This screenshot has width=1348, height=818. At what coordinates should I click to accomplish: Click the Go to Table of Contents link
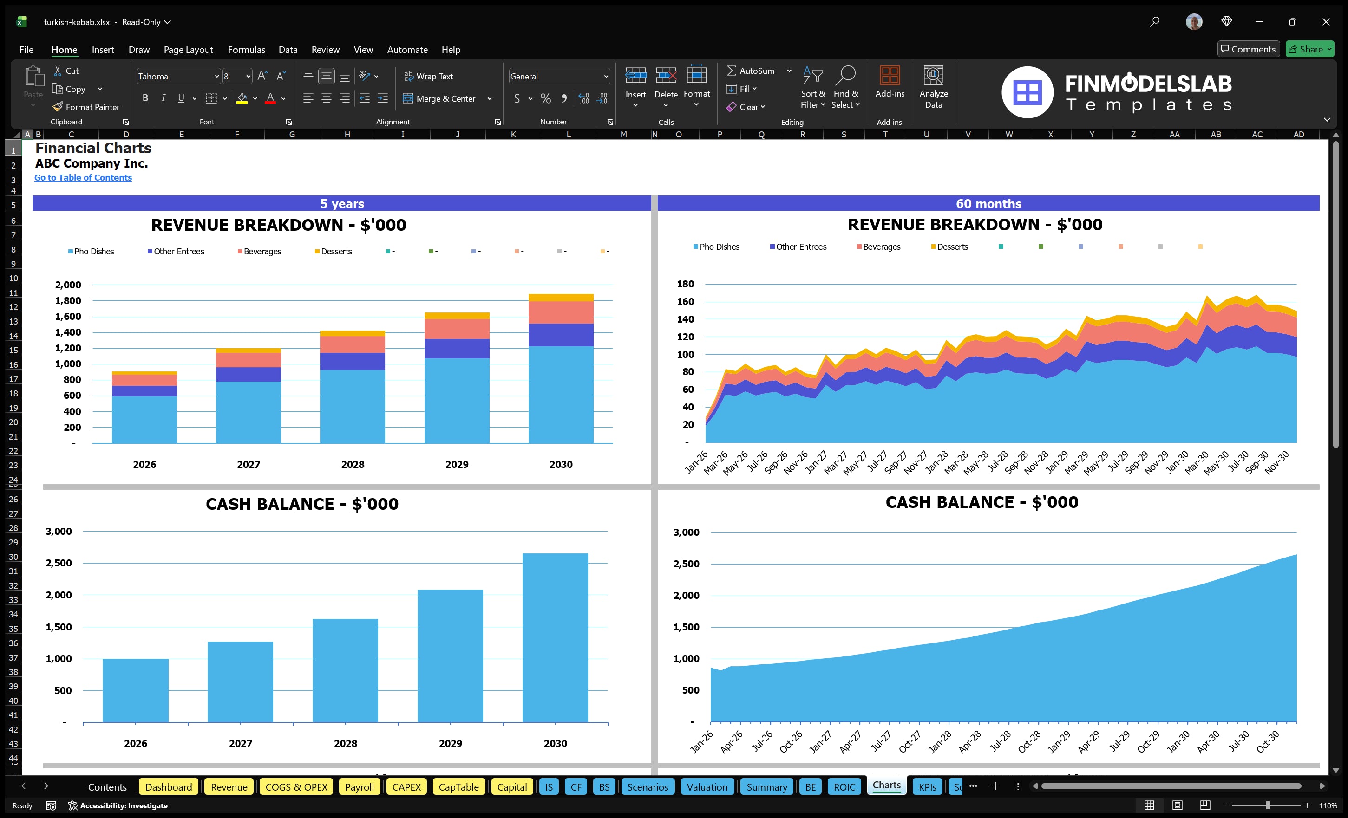(83, 178)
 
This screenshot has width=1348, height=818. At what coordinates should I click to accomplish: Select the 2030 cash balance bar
(555, 637)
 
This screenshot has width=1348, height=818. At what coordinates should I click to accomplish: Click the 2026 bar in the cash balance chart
(135, 690)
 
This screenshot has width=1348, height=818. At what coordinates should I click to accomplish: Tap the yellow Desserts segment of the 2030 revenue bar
(561, 298)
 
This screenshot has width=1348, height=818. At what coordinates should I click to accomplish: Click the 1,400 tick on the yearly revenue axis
(68, 332)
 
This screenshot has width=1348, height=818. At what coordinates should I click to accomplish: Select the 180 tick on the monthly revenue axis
(685, 284)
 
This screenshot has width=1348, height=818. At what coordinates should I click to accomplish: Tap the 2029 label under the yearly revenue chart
(456, 464)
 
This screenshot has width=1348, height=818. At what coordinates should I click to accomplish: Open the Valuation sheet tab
(707, 787)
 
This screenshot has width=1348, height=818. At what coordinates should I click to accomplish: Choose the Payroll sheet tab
(359, 787)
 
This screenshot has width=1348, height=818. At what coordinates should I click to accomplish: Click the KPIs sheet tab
(927, 787)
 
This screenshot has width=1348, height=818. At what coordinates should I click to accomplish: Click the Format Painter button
(86, 107)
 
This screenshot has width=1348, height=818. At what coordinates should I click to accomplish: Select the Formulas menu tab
(246, 50)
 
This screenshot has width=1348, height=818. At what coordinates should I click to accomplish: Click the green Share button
(1309, 49)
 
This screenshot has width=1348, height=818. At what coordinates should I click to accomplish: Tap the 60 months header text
(988, 203)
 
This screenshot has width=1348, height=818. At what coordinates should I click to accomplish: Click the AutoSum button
(751, 71)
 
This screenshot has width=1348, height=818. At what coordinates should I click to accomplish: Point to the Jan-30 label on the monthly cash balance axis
(1178, 742)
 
